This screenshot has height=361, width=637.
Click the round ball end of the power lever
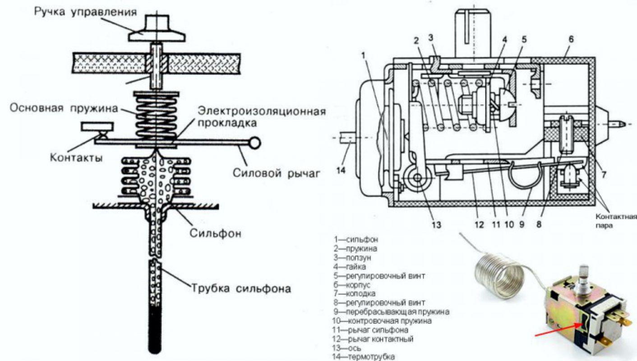tap(254, 143)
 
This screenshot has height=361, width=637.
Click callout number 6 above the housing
tap(571, 39)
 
